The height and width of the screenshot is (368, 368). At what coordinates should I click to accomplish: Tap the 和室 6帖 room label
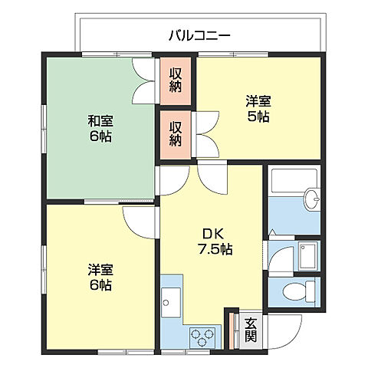tap(100, 127)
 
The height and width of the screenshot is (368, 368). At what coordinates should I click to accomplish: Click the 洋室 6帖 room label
tap(100, 277)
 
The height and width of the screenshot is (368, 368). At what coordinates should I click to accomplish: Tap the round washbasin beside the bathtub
tap(312, 200)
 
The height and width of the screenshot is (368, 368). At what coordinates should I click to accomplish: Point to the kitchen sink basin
tap(169, 301)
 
